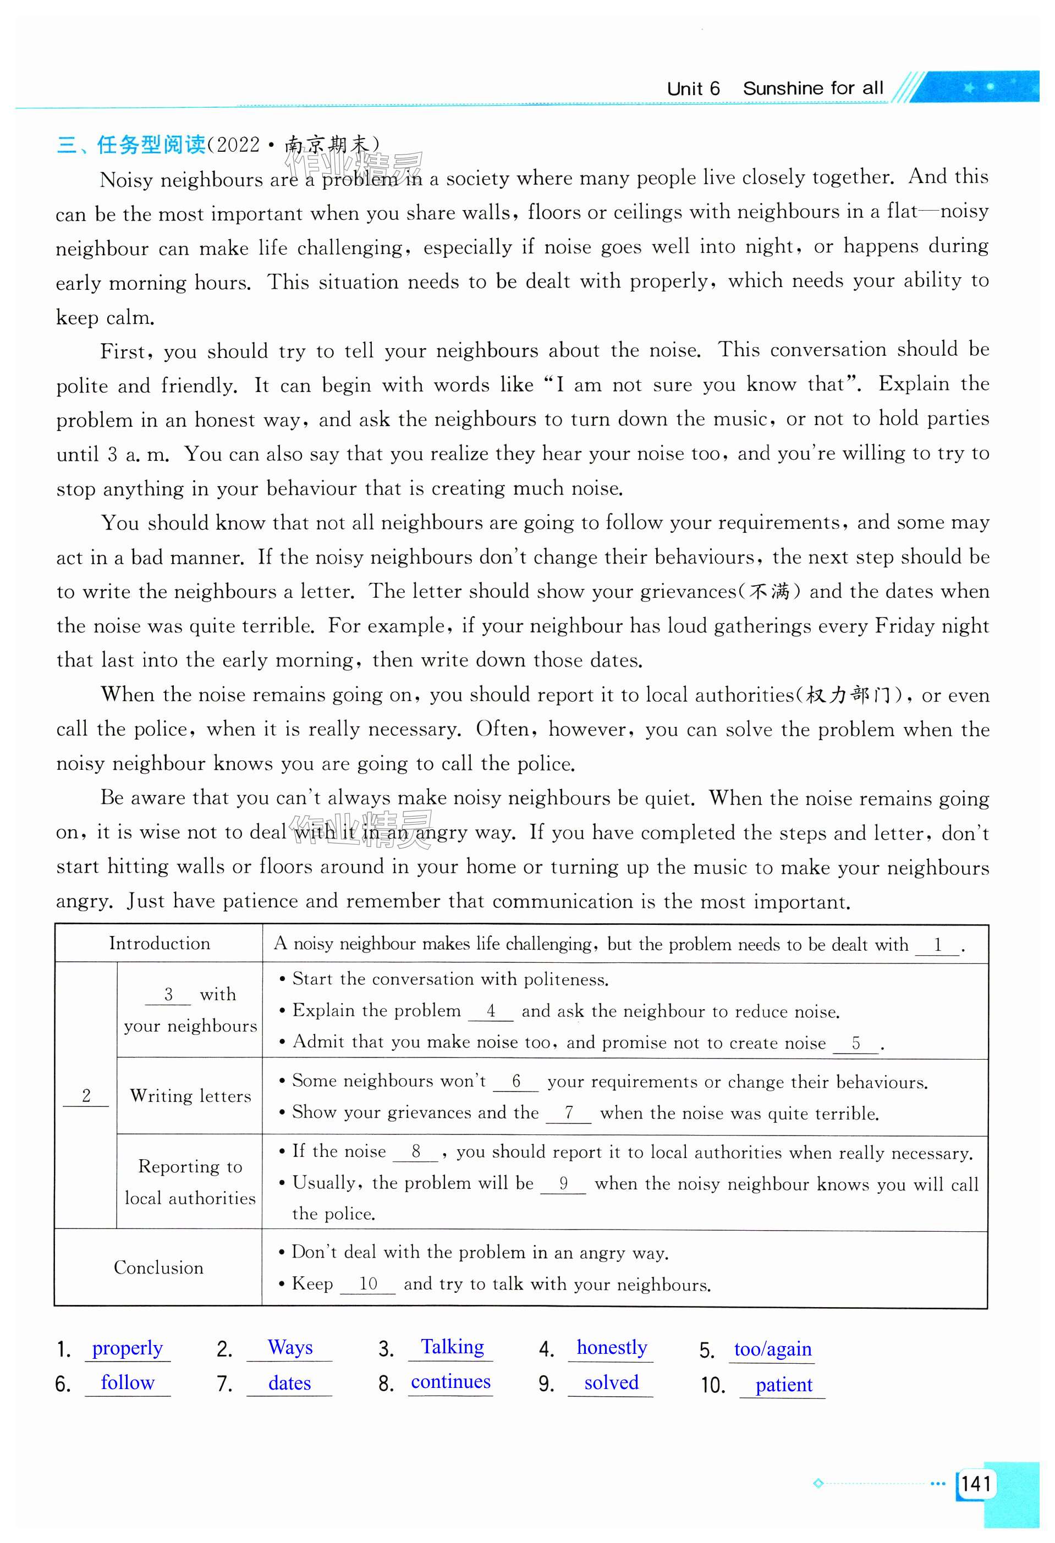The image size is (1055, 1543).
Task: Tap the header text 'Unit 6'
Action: [693, 89]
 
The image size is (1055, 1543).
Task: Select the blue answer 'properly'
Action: [127, 1348]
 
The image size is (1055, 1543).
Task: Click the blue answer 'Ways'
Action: [289, 1347]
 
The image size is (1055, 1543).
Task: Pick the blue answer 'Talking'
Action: [452, 1347]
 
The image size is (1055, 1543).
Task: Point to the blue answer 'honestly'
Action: [612, 1347]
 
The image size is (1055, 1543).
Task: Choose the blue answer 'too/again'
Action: [772, 1349]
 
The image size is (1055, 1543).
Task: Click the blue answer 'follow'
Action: [128, 1382]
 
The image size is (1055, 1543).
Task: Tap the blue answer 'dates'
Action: [289, 1383]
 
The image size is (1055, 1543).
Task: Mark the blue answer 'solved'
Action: [611, 1382]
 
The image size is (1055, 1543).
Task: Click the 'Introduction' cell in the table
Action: [160, 944]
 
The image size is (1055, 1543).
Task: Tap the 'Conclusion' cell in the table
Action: [158, 1268]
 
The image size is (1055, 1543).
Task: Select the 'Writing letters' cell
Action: [190, 1095]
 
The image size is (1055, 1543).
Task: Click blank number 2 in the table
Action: [86, 1095]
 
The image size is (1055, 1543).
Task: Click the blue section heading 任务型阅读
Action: [151, 144]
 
